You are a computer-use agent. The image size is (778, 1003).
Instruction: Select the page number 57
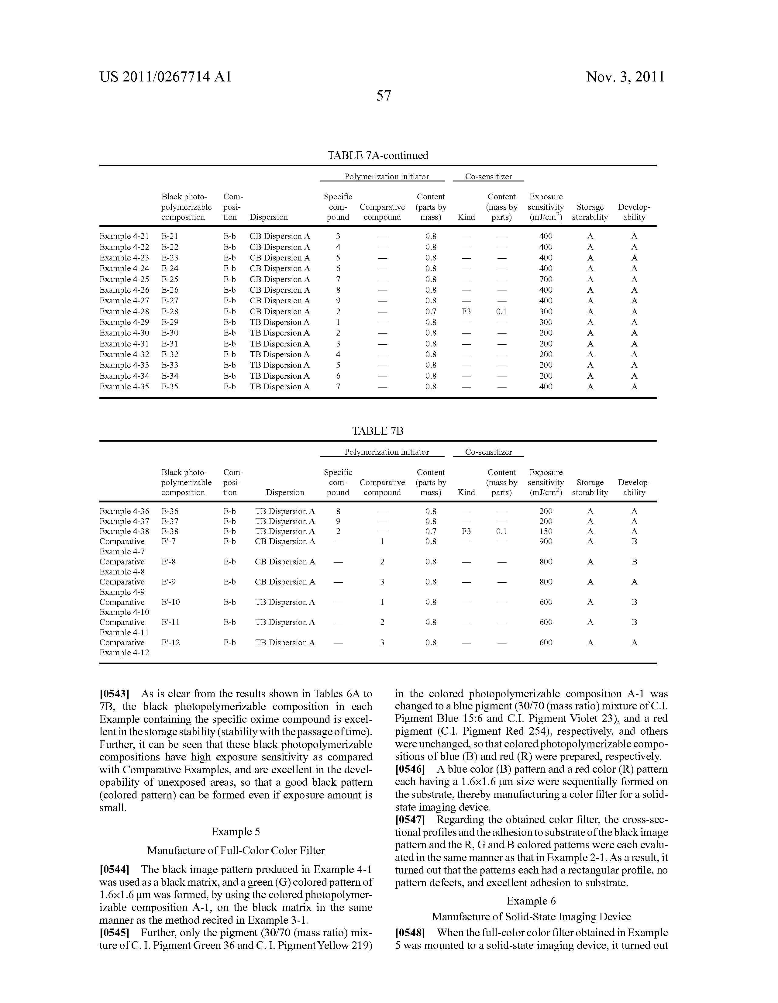[x=384, y=96]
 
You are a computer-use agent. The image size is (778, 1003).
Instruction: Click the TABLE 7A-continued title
[x=377, y=155]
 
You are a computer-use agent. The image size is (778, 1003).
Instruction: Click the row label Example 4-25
[x=124, y=279]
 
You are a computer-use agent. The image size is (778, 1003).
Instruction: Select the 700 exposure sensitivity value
[x=546, y=279]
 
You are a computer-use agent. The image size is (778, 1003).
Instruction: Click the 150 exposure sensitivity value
[x=546, y=531]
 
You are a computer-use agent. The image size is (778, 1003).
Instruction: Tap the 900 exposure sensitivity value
[x=546, y=541]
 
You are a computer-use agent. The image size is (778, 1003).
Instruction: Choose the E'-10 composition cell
[x=171, y=602]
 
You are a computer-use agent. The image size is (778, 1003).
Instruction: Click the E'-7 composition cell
[x=169, y=541]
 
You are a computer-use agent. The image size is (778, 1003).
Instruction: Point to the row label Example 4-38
[x=124, y=531]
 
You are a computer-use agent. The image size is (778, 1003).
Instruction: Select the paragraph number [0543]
[x=114, y=694]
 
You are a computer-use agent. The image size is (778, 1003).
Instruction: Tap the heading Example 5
[x=236, y=832]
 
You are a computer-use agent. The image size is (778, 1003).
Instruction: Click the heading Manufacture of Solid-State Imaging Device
[x=531, y=917]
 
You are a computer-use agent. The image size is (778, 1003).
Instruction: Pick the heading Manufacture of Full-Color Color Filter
[x=236, y=850]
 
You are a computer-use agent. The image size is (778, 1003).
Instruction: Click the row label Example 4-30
[x=124, y=333]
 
